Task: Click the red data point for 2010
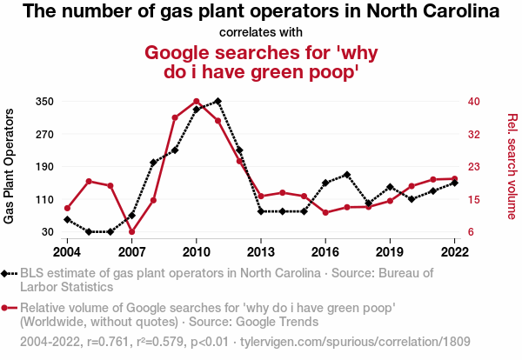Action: click(x=197, y=102)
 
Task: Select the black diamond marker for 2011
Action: click(x=218, y=102)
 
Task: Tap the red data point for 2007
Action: click(x=132, y=232)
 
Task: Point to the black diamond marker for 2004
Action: click(x=68, y=219)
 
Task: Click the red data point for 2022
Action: click(x=454, y=179)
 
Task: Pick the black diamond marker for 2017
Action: click(x=347, y=175)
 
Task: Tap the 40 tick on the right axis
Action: click(x=473, y=102)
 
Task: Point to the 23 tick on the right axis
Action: click(x=473, y=167)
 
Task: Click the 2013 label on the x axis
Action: click(x=261, y=251)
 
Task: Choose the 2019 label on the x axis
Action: click(x=390, y=251)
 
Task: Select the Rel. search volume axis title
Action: click(x=512, y=166)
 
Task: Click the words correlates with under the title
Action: click(x=261, y=32)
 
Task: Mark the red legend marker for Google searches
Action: click(x=7, y=308)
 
